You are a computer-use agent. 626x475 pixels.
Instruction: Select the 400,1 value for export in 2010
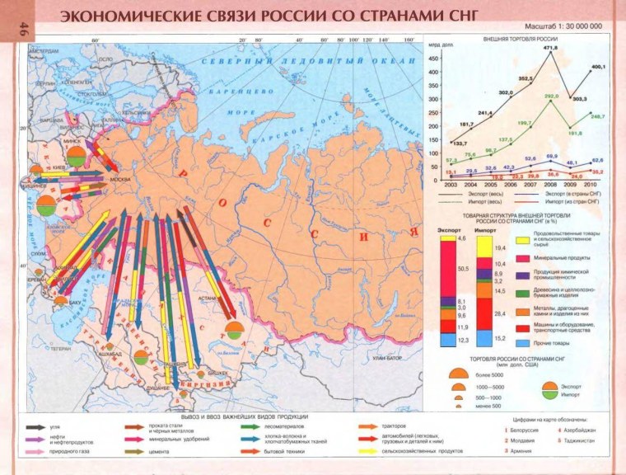(598, 66)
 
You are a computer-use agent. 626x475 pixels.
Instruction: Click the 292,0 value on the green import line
(551, 96)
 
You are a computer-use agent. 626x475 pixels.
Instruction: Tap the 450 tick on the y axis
(432, 59)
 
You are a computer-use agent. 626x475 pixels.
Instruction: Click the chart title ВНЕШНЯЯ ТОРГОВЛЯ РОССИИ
(518, 39)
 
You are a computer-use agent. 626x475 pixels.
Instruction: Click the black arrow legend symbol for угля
(35, 427)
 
